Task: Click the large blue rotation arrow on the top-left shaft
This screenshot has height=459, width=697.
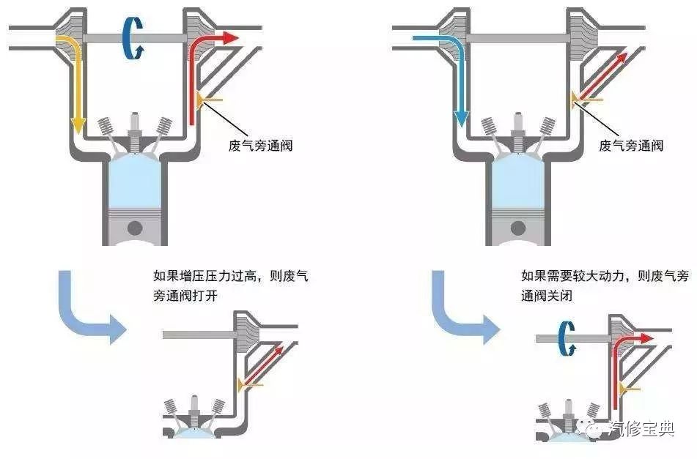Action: [x=133, y=38]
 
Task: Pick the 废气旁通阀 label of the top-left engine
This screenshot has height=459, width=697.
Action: [x=260, y=145]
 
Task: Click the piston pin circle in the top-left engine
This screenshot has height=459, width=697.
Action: [x=134, y=228]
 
